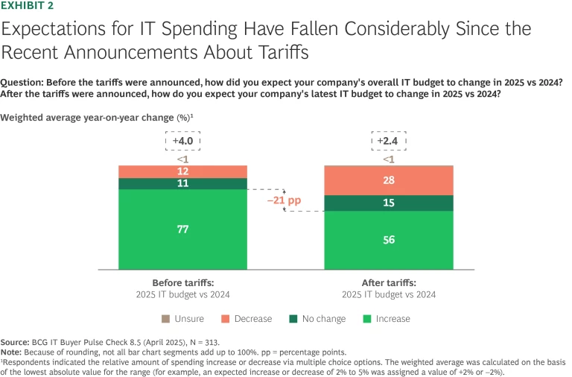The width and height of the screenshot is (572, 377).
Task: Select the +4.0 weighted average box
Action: [x=182, y=141]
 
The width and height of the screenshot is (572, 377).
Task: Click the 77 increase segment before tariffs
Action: [x=182, y=229]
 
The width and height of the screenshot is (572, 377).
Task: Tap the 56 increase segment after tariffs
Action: [x=389, y=240]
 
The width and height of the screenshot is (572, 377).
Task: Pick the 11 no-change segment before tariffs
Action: [x=182, y=183]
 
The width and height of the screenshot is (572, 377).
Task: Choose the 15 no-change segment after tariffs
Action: [x=389, y=203]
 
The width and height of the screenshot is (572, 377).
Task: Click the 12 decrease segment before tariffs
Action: [x=182, y=171]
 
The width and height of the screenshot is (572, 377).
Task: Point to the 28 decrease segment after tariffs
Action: [x=389, y=180]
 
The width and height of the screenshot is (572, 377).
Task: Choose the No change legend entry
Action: [x=317, y=319]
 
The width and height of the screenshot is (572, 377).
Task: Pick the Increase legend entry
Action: [x=384, y=319]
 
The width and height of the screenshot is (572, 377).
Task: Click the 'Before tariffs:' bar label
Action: [x=182, y=282]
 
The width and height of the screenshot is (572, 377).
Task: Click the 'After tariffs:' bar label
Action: [x=389, y=282]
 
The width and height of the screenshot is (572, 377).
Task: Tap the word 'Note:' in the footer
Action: [x=13, y=351]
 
